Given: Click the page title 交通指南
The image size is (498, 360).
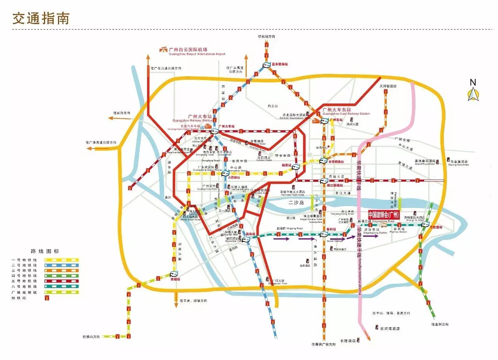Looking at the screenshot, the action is pos(40,18).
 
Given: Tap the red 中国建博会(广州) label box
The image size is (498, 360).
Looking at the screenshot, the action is pos(384,215).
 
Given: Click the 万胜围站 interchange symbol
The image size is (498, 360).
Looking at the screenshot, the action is pos(425,224).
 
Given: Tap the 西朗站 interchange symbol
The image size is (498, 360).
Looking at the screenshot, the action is pos(174,274).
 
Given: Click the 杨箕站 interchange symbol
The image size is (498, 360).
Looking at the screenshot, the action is pos(296,167).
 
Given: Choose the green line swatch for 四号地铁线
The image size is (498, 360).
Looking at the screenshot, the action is pos(61,276).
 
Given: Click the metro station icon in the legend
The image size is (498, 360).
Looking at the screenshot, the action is pos(47,298).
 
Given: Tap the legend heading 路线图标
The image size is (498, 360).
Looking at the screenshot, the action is pos(45,251).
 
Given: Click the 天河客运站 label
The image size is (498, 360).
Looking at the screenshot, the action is pos(388,86).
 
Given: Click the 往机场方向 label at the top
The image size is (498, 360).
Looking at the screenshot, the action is pos(266,36).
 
